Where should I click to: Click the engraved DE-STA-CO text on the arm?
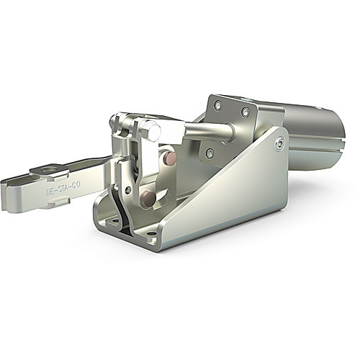pos(63,189)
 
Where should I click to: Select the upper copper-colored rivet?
pos(171,157)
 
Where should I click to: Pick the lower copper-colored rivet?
pos(150,197)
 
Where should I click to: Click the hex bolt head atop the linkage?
pos(152,132)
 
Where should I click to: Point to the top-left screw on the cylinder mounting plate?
pos(218,105)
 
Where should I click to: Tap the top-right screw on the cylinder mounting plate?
pos(246,111)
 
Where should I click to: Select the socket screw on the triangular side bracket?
pos(279,143)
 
